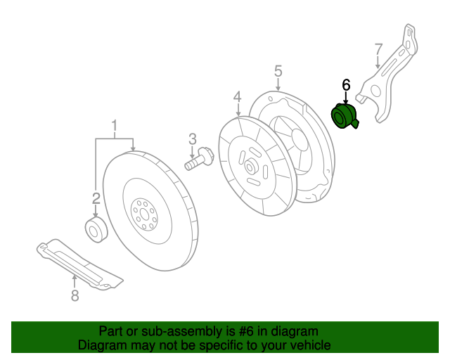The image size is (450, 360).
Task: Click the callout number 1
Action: coord(113,127)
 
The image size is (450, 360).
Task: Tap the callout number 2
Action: coord(96,198)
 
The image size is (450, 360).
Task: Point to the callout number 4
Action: coord(238,96)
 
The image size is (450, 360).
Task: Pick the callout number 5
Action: coord(278,71)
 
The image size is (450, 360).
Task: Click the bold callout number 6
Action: coord(346,84)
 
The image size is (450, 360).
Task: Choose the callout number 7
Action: coord(378,49)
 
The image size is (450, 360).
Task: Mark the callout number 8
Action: coord(75,296)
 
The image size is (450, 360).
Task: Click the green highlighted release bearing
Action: coord(344,116)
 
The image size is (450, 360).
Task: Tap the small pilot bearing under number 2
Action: coord(95,231)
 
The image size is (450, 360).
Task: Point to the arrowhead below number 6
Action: coord(346,103)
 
